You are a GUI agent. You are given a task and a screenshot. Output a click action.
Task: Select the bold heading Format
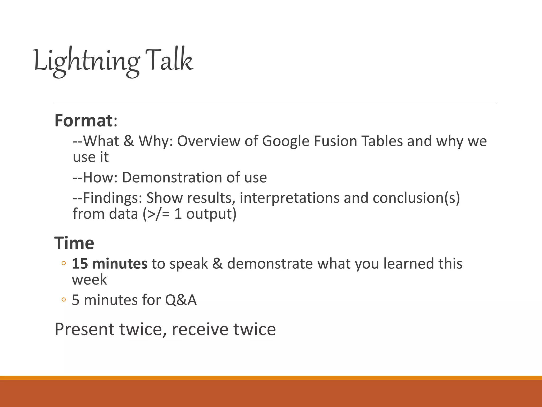(x=84, y=121)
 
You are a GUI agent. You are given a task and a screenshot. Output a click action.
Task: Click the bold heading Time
(x=74, y=243)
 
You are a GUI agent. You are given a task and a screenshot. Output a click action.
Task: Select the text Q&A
(x=181, y=300)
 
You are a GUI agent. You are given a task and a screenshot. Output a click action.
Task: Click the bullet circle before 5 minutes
(x=63, y=300)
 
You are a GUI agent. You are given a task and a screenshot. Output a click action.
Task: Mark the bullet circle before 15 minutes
(x=63, y=263)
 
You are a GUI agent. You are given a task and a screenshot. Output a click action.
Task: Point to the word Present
(x=84, y=329)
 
